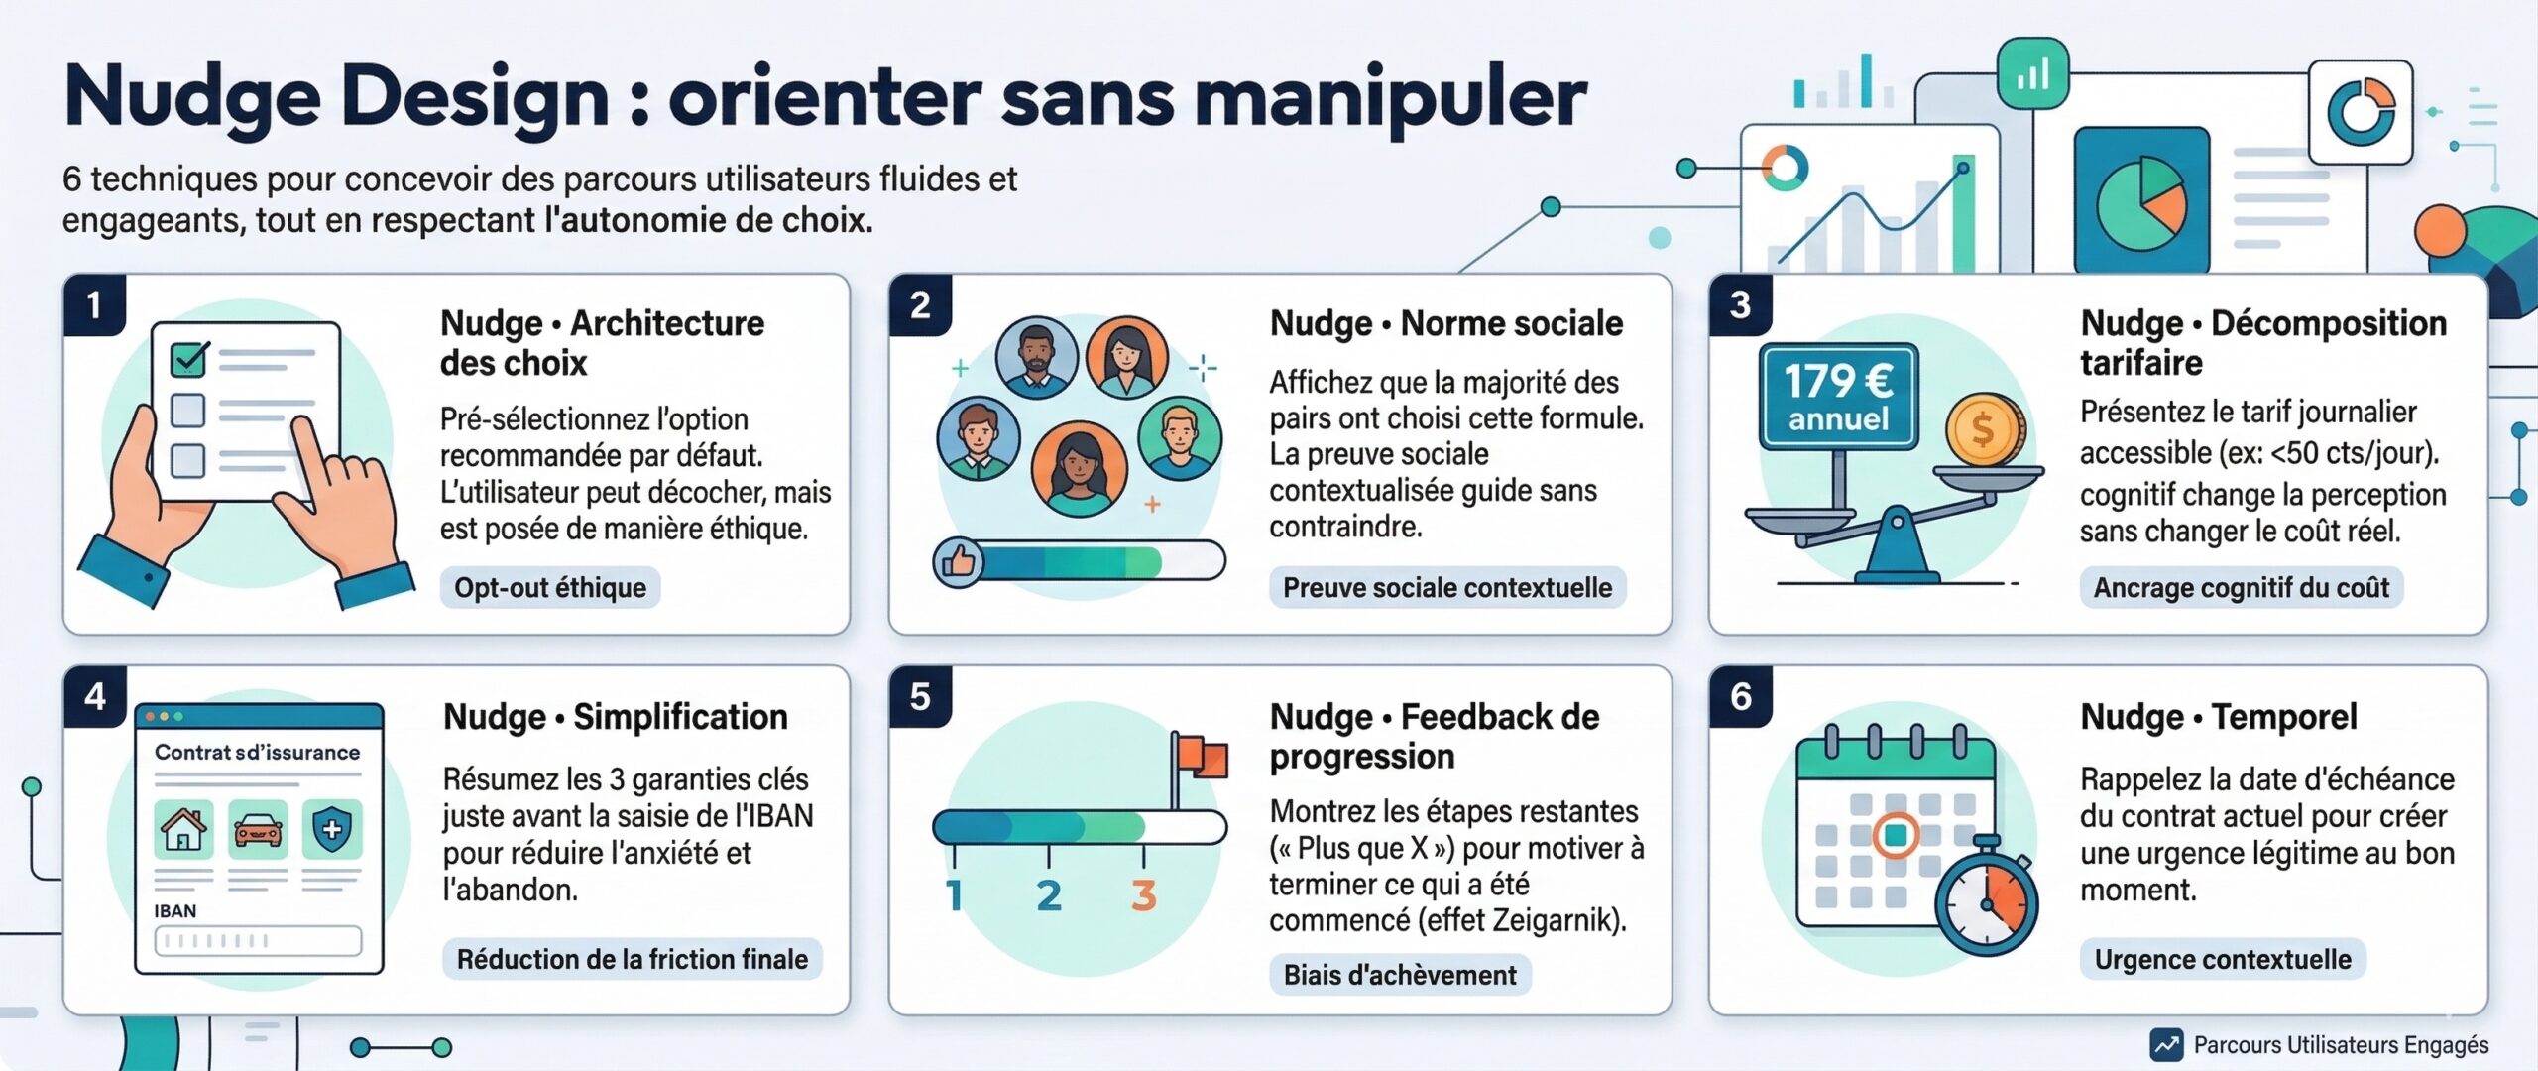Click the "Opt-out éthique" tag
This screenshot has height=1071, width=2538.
point(550,588)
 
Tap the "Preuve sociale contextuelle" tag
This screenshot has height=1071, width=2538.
point(1447,588)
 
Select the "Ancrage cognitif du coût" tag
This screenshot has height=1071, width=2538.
point(2241,588)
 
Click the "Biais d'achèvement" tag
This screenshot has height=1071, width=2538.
point(1400,975)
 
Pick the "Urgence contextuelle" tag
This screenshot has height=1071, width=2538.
point(2222,959)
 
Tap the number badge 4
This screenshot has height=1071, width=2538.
point(95,696)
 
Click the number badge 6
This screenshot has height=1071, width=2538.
point(1741,696)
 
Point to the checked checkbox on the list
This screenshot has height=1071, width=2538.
point(189,359)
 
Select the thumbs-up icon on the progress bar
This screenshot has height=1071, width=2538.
point(959,562)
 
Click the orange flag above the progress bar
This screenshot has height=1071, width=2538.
point(1204,756)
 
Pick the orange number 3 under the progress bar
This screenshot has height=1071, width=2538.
point(1143,895)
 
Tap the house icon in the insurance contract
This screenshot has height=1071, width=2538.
point(183,829)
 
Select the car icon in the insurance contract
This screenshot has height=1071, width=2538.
point(258,829)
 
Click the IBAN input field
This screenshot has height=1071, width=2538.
point(258,940)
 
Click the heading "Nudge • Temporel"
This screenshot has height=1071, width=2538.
point(2219,716)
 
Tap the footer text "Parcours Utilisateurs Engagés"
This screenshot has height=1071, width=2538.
point(2341,1044)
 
